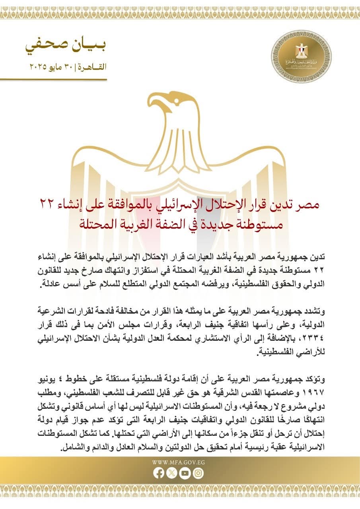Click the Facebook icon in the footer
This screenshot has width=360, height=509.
[158, 473]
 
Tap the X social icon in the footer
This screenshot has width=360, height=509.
[171, 473]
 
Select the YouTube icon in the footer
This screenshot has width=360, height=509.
[185, 473]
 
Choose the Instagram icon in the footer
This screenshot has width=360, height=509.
[198, 473]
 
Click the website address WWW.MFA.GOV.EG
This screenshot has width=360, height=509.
[178, 462]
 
